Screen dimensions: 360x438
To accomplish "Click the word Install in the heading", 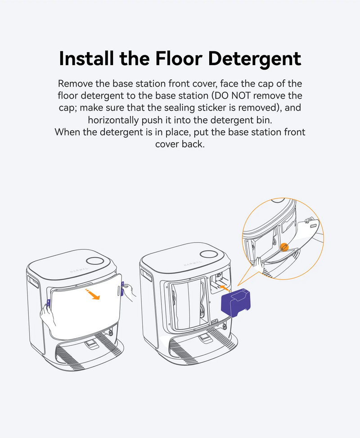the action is point(86,58).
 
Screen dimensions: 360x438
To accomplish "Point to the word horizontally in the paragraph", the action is point(113,120).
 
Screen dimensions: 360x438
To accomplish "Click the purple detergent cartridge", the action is point(236,303).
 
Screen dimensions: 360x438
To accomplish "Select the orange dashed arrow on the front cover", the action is point(92,295).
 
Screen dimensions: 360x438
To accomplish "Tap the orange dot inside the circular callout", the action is point(284,247).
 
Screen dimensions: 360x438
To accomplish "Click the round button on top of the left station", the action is point(95,261).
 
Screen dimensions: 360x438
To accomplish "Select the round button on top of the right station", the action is point(209,254).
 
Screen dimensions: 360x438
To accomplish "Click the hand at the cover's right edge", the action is point(129,291).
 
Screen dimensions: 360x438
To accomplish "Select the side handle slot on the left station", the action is point(33,282).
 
